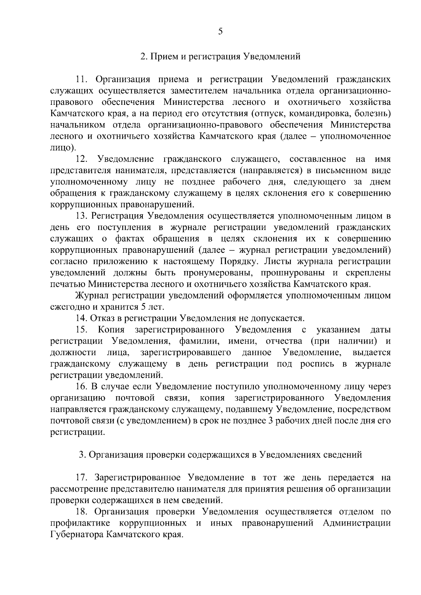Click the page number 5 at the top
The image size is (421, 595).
click(x=220, y=32)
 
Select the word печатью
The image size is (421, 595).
click(x=68, y=284)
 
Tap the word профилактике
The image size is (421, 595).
click(x=80, y=523)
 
